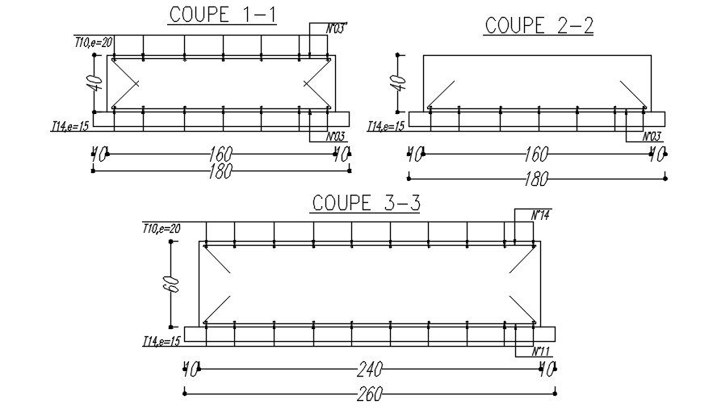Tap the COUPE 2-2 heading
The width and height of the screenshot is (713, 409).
[x=539, y=26]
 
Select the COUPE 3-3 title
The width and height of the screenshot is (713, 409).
[x=366, y=203]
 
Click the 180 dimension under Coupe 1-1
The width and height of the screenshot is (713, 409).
[x=220, y=171]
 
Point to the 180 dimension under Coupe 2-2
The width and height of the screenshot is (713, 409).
[x=536, y=178]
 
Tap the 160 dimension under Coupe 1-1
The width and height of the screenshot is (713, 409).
[x=220, y=152]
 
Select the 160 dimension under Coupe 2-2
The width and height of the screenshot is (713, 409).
[x=536, y=153]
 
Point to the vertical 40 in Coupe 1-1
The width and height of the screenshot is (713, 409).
[x=95, y=82]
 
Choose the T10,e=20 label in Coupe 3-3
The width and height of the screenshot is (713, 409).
[x=161, y=230]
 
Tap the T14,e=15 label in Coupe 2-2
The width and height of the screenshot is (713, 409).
[x=386, y=126]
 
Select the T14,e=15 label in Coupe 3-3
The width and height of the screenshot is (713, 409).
[x=161, y=342]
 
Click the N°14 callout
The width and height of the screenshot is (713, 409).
[x=539, y=216]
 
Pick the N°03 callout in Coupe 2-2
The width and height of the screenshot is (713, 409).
[x=652, y=137]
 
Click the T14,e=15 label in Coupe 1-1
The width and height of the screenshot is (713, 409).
[x=70, y=126]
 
